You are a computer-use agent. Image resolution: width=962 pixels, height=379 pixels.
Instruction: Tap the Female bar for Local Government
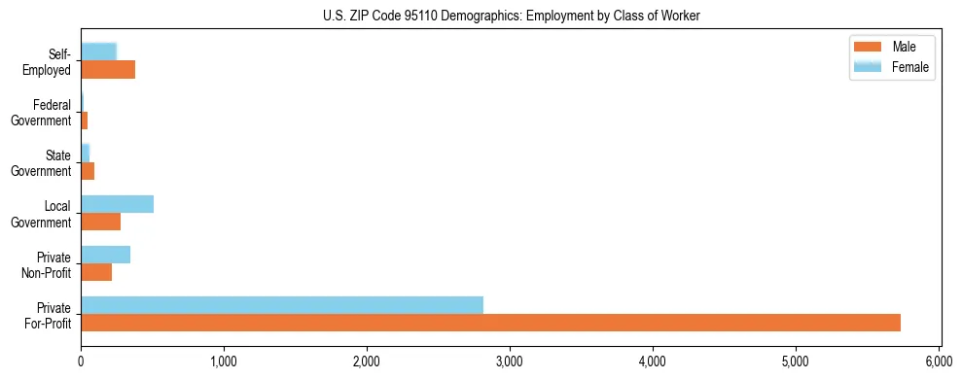(117, 204)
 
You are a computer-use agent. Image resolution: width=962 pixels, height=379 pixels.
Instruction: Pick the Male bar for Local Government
(100, 222)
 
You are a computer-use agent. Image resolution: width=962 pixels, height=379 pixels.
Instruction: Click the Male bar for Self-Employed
(108, 69)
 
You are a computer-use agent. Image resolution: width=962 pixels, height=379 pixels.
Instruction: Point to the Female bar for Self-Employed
(98, 52)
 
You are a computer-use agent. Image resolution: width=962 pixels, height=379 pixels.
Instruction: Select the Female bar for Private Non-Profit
(105, 255)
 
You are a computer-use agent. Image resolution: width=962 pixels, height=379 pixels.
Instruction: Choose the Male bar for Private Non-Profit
(96, 272)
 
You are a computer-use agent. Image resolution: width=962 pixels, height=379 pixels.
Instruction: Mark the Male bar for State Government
(88, 171)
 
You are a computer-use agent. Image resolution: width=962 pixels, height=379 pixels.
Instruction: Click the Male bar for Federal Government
(85, 121)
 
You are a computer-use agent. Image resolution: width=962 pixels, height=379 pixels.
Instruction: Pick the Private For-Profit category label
(48, 316)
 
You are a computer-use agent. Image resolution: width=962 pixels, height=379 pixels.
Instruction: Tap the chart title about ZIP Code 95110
(511, 16)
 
